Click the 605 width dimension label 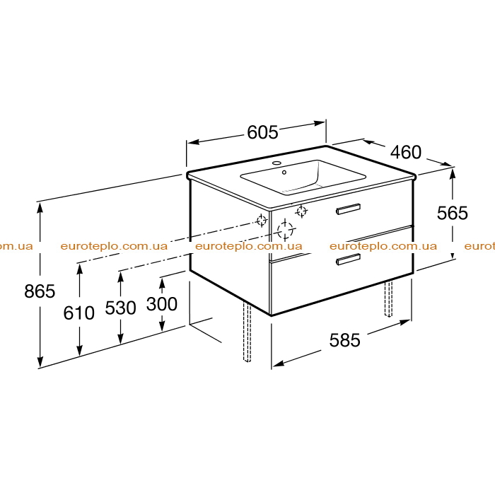(262, 132)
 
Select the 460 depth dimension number (406, 152)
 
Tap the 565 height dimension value (452, 213)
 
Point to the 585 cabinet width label (345, 340)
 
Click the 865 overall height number (40, 291)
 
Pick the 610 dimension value (79, 313)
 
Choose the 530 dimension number (121, 308)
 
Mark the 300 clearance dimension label (162, 304)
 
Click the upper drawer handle (348, 209)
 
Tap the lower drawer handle (348, 260)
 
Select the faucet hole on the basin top (276, 163)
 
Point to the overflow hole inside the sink (284, 173)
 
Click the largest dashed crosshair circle (285, 230)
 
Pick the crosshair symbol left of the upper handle (301, 211)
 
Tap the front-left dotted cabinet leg (247, 332)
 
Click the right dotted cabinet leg (388, 298)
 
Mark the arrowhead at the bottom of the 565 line (453, 254)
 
